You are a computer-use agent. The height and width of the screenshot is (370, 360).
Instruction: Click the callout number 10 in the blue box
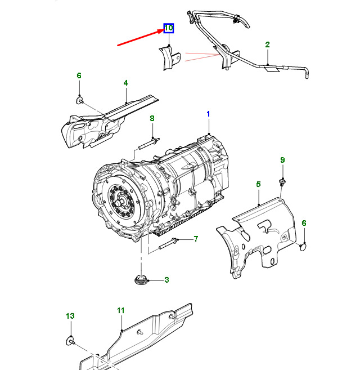168,28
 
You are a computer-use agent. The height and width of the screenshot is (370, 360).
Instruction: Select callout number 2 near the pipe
268,44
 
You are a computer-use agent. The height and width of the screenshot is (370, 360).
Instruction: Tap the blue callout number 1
208,114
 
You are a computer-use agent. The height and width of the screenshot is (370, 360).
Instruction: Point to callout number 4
126,83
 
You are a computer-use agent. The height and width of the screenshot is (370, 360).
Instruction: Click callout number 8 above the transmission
151,118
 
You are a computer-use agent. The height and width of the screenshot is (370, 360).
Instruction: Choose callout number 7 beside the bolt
196,239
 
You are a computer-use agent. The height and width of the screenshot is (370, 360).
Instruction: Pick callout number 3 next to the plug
166,280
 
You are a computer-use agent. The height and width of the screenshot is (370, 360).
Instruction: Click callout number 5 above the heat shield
258,184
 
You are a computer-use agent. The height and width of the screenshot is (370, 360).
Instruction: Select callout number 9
283,161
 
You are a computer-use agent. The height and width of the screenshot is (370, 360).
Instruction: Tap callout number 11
120,310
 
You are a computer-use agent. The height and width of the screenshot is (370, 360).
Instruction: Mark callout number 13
70,316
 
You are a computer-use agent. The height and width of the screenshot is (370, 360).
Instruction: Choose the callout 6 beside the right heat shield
304,224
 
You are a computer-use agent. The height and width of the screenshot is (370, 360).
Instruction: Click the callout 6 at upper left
79,75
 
